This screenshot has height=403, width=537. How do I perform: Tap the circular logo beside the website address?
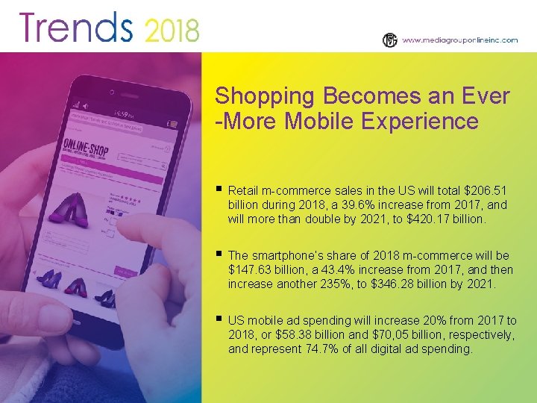pyautogui.click(x=389, y=40)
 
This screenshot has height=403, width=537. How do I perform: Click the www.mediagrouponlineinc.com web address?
pyautogui.click(x=459, y=40)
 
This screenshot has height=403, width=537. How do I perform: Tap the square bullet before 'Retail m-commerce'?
pyautogui.click(x=218, y=190)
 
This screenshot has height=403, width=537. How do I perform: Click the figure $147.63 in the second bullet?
pyautogui.click(x=251, y=269)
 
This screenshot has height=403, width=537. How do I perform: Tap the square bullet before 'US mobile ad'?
pyautogui.click(x=218, y=319)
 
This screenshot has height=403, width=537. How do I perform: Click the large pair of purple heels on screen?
pyautogui.click(x=69, y=210)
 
